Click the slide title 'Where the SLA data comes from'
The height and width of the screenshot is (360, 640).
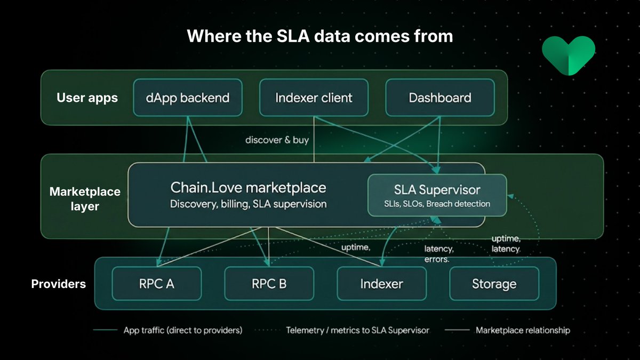click(x=319, y=36)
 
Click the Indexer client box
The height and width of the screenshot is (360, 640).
click(x=314, y=98)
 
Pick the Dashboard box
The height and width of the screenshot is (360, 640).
click(x=439, y=98)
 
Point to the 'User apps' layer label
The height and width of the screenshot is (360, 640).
click(x=87, y=98)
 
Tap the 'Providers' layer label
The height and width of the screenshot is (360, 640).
click(x=58, y=284)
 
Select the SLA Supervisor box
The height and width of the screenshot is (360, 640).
click(x=437, y=195)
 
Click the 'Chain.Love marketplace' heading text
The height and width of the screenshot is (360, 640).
click(x=248, y=188)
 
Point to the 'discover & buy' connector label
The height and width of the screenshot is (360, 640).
click(x=277, y=140)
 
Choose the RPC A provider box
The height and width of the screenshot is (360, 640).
click(x=156, y=284)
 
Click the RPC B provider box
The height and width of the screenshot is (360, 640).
click(x=269, y=284)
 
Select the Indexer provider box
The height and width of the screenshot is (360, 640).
click(x=381, y=284)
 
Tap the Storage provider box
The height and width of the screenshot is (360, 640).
click(x=494, y=284)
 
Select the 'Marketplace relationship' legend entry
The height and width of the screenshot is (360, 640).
click(x=522, y=330)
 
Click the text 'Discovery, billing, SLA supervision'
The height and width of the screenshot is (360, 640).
click(x=248, y=204)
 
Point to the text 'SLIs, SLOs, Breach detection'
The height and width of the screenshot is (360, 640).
click(x=437, y=204)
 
